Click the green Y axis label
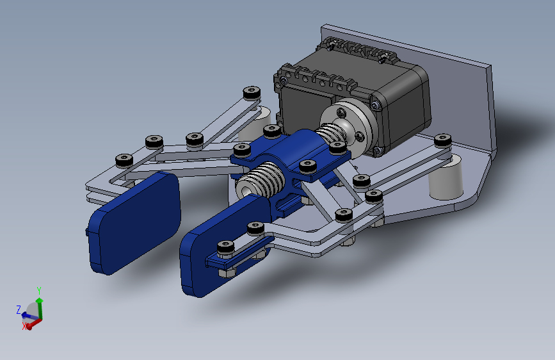(39, 291)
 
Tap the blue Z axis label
(19, 309)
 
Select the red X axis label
(24, 326)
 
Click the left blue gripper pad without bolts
(134, 223)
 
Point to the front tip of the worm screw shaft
(245, 191)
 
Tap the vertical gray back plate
(407, 88)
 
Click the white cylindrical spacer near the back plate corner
(446, 177)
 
